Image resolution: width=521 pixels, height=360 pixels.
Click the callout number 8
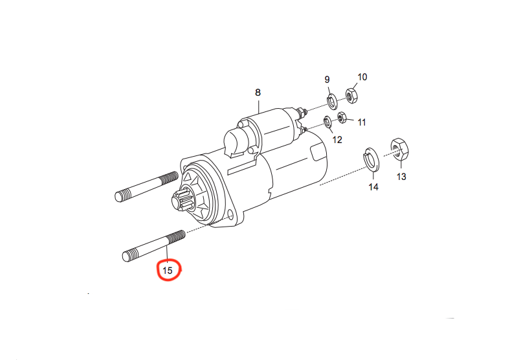(258, 93)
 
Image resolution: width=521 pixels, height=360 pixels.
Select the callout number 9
(327, 80)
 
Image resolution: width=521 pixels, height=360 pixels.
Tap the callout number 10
(362, 77)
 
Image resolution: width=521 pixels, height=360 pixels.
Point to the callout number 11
(362, 122)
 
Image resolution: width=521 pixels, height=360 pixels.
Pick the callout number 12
(337, 140)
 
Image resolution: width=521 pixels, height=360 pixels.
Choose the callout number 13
(401, 177)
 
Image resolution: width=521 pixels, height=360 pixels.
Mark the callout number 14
(373, 187)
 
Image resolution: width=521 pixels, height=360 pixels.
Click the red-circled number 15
(168, 271)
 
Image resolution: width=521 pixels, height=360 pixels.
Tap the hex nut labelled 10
(351, 95)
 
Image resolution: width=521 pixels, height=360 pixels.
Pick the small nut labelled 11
(342, 117)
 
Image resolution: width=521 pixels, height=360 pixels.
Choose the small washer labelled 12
(327, 122)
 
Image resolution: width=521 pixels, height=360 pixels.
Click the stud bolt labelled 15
(154, 246)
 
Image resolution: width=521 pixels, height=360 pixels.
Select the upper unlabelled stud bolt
(146, 186)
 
